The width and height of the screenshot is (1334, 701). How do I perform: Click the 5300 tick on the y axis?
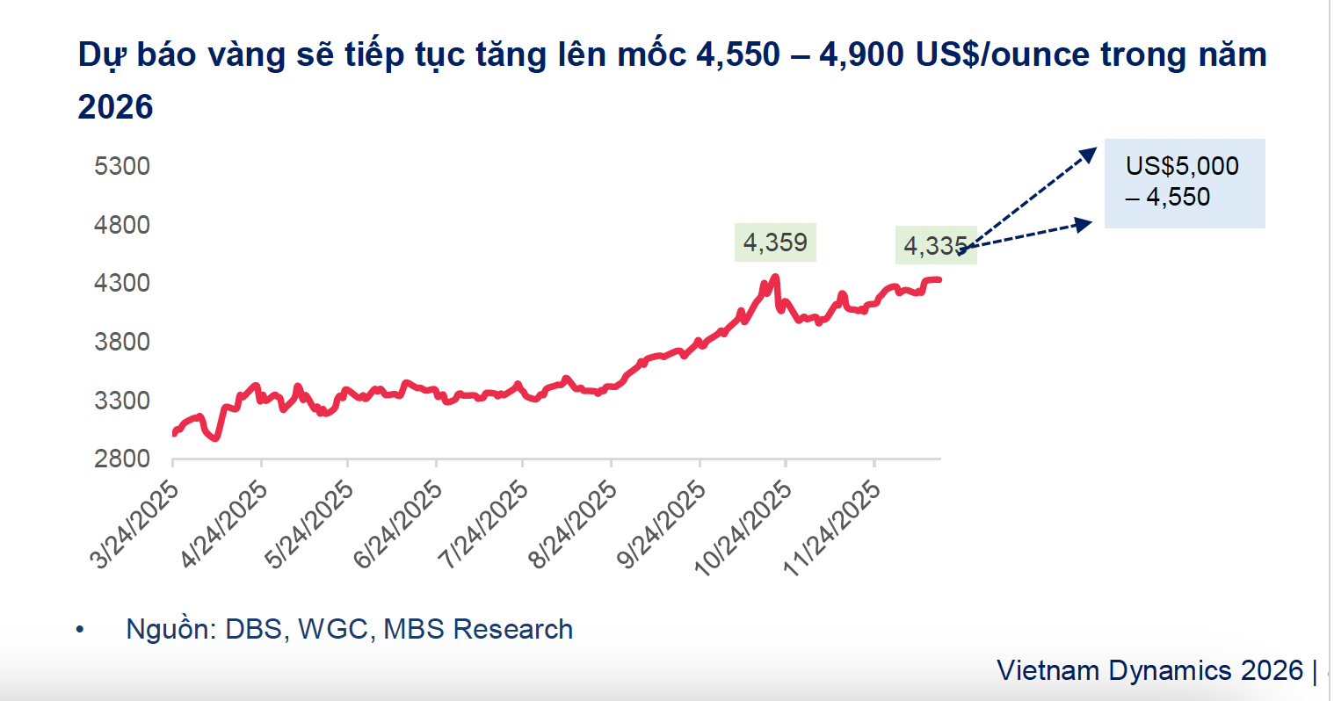pyautogui.click(x=122, y=166)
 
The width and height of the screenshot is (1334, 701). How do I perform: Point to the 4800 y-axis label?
pyautogui.click(x=122, y=225)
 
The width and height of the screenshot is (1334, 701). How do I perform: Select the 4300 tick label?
pyautogui.click(x=122, y=283)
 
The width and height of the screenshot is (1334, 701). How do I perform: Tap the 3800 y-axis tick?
pyautogui.click(x=122, y=342)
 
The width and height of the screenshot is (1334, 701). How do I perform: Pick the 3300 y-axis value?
pyautogui.click(x=122, y=401)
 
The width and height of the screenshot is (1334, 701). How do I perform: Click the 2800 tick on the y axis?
pyautogui.click(x=122, y=459)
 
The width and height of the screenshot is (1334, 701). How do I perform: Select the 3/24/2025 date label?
pyautogui.click(x=136, y=524)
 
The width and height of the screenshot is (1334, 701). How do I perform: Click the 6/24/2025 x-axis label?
pyautogui.click(x=399, y=524)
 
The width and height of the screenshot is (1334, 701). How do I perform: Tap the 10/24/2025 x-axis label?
pyautogui.click(x=744, y=527)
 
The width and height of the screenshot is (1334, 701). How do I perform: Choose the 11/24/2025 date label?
pyautogui.click(x=832, y=527)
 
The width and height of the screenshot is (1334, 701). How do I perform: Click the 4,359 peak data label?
pyautogui.click(x=775, y=242)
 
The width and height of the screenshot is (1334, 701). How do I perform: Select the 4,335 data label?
pyautogui.click(x=935, y=246)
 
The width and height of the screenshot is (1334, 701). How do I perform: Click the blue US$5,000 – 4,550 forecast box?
pyautogui.click(x=1184, y=183)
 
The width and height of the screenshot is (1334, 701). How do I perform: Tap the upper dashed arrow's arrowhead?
pyautogui.click(x=1091, y=154)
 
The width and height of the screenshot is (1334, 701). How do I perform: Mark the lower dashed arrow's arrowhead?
pyautogui.click(x=1084, y=224)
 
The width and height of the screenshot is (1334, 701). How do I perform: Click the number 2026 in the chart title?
pyautogui.click(x=115, y=107)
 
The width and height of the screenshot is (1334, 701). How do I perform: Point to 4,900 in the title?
pyautogui.click(x=861, y=55)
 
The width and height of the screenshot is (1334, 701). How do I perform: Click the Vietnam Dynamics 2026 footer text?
pyautogui.click(x=1149, y=670)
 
